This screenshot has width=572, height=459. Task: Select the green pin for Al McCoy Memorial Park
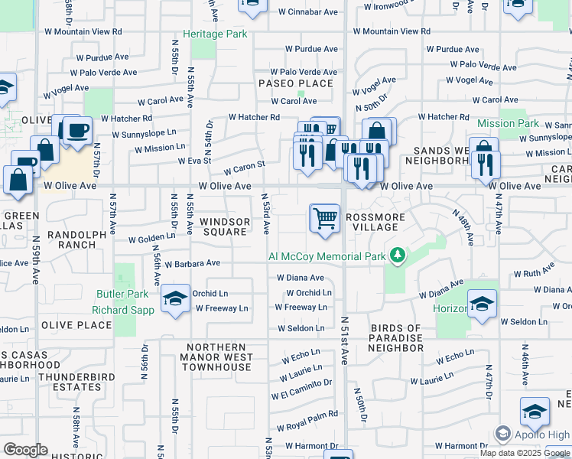click(x=397, y=255)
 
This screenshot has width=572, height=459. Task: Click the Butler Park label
click(x=122, y=294)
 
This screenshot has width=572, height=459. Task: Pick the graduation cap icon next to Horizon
click(x=482, y=304)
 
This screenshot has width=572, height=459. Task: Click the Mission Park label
click(x=508, y=123)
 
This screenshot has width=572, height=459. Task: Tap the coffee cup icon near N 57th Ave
click(x=77, y=130)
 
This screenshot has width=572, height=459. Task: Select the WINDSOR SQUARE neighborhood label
click(x=225, y=226)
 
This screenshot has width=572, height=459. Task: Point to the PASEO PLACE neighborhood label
click(x=296, y=83)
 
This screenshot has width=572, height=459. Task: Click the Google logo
click(x=25, y=450)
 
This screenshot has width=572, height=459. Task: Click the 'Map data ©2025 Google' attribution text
click(x=525, y=452)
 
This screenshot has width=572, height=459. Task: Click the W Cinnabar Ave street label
click(x=308, y=12)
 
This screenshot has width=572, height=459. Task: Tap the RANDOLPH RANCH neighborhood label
click(x=72, y=239)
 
